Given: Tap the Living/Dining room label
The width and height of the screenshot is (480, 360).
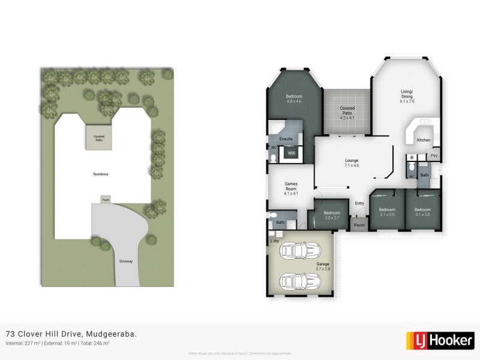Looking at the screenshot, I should click(x=407, y=94).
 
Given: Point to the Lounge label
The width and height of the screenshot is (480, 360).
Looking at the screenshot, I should click(x=352, y=160).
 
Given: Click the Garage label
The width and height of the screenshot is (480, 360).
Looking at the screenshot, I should click(x=323, y=263).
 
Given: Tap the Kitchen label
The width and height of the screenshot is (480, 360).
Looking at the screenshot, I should click(x=424, y=140).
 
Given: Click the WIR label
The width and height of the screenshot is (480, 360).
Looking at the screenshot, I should click(x=292, y=154).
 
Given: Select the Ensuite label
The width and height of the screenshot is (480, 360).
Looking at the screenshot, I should click(x=286, y=139).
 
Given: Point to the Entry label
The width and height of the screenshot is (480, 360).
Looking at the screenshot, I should click(x=359, y=203).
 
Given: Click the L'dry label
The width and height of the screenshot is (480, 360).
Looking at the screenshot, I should click(x=275, y=241).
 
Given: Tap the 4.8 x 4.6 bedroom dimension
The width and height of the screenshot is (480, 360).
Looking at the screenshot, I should click(x=294, y=101).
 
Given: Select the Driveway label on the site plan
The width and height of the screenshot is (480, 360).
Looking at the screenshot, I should click(x=125, y=261).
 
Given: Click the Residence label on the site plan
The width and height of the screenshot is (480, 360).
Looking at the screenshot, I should click(x=101, y=174).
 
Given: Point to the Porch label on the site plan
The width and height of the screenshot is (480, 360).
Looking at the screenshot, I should click(x=106, y=200).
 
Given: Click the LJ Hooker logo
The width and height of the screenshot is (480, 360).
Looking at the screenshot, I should click(x=440, y=340).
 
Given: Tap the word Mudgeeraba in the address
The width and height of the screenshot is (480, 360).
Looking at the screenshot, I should click(x=111, y=334).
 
